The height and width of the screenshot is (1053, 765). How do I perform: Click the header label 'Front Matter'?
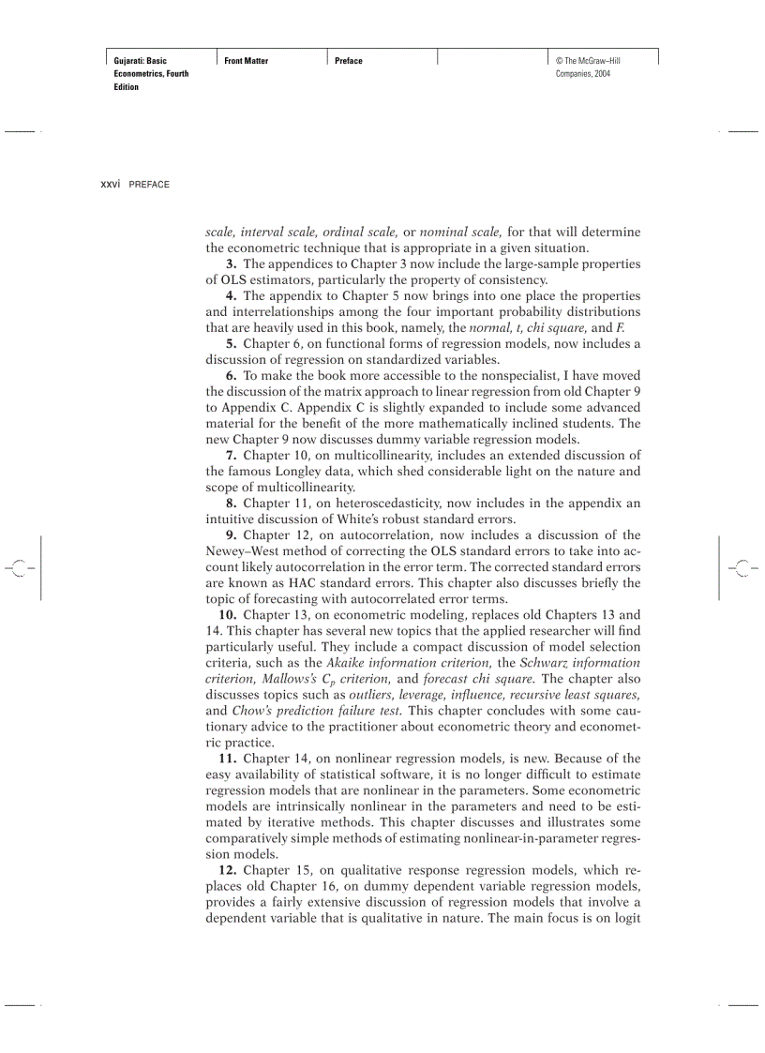pyautogui.click(x=246, y=61)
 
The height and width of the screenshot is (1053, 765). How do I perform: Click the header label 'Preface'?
pyautogui.click(x=348, y=61)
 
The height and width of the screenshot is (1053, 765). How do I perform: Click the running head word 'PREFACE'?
pyautogui.click(x=149, y=185)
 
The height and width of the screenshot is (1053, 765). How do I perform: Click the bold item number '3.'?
pyautogui.click(x=231, y=264)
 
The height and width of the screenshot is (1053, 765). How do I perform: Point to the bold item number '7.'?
pyautogui.click(x=231, y=456)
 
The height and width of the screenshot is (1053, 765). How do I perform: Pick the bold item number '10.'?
pyautogui.click(x=227, y=615)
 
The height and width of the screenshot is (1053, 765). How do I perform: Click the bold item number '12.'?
pyautogui.click(x=227, y=870)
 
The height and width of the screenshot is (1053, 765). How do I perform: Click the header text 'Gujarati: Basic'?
pyautogui.click(x=140, y=61)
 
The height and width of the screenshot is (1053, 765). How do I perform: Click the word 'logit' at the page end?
pyautogui.click(x=626, y=918)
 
